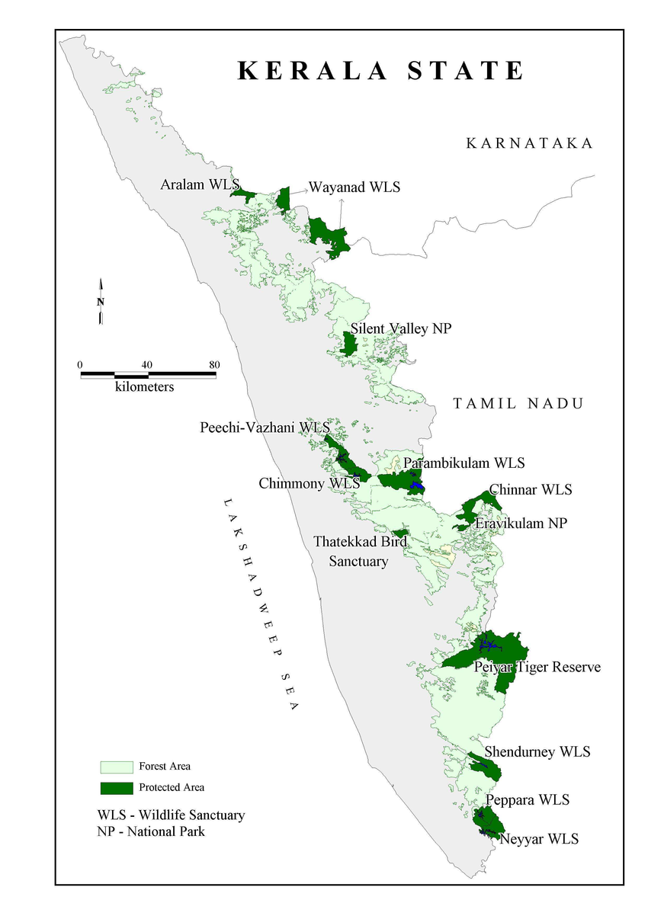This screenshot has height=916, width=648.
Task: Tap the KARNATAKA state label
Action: click(x=529, y=143)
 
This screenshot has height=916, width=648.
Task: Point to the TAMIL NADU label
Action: click(x=518, y=403)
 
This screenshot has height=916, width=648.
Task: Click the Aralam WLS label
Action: click(x=200, y=184)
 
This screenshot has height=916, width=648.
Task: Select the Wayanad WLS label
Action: click(x=354, y=187)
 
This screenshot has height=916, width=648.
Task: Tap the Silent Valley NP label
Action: click(x=401, y=328)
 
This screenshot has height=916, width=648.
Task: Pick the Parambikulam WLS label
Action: click(x=464, y=463)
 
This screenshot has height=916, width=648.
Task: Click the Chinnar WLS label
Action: click(x=531, y=489)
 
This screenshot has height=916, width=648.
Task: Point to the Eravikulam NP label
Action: click(x=521, y=524)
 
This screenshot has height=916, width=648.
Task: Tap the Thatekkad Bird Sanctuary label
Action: click(x=360, y=551)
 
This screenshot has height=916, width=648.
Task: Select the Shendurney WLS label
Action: click(x=537, y=751)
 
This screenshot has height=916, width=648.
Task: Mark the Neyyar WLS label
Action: click(x=538, y=839)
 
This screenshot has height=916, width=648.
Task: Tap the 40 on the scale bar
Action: click(x=147, y=364)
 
